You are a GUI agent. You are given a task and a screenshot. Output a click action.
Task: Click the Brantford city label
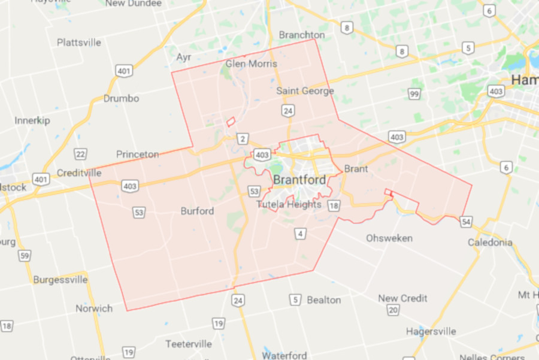(299, 180)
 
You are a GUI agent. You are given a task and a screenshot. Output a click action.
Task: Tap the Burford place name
(197, 211)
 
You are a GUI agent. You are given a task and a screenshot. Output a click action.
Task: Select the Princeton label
(138, 155)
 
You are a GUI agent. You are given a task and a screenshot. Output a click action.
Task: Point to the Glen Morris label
(251, 63)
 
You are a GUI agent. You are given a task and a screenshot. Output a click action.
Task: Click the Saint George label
(305, 91)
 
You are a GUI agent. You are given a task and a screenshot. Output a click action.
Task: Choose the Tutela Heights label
(289, 204)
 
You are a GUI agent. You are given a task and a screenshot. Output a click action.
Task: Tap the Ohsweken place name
(389, 238)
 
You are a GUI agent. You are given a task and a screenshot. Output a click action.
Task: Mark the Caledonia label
(490, 243)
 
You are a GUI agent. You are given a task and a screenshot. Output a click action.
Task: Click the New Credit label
(402, 298)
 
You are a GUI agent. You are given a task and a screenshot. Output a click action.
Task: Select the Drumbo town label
(121, 98)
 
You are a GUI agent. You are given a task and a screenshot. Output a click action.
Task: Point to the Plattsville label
(80, 43)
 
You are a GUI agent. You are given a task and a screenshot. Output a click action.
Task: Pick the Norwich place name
(93, 308)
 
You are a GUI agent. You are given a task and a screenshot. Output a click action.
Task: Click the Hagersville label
(431, 331)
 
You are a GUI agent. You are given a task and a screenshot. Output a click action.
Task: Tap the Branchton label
(302, 35)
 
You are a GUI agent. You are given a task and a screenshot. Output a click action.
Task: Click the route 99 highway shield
(414, 94)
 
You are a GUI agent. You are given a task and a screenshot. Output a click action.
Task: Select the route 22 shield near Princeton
(80, 154)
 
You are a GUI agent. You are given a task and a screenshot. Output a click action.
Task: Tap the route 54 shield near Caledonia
(466, 222)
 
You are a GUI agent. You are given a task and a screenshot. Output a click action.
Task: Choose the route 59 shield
(24, 256)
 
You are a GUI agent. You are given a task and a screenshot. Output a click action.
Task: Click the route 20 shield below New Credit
(393, 310)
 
